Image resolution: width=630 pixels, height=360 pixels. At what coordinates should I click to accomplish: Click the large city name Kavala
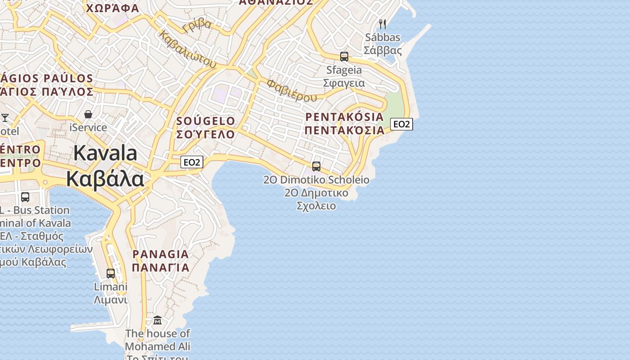105,153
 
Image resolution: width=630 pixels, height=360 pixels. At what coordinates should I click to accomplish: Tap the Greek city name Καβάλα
105,179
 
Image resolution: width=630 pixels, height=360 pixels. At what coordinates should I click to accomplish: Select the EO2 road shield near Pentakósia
401,124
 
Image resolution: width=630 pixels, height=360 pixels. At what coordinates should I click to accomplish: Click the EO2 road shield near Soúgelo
192,162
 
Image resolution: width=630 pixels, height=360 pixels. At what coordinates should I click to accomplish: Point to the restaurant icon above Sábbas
382,24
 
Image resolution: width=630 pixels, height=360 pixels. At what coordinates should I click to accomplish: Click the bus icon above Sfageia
344,57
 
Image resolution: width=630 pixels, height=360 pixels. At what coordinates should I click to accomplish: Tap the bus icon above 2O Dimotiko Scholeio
316,166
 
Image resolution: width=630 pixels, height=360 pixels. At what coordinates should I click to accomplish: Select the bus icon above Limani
111,273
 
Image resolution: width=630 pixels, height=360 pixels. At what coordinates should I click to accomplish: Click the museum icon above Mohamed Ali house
157,320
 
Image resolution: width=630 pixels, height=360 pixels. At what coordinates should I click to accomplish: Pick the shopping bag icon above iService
88,114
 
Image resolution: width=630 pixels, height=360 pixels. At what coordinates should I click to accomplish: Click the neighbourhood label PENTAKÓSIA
345,117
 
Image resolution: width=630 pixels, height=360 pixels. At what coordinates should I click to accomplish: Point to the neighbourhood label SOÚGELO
206,121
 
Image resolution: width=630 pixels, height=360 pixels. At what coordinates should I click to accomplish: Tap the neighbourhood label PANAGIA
161,254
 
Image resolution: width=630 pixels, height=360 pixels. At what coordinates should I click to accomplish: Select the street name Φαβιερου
292,90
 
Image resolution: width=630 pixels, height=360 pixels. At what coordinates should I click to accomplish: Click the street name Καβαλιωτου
188,49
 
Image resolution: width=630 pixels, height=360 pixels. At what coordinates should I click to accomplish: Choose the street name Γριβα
197,25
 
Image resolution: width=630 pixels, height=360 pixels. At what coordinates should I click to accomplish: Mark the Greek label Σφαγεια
344,83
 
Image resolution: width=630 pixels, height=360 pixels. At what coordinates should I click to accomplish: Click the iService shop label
88,127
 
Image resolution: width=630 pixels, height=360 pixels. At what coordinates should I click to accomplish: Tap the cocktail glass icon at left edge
5,118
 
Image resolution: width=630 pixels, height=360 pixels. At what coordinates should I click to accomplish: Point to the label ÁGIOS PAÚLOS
47,79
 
